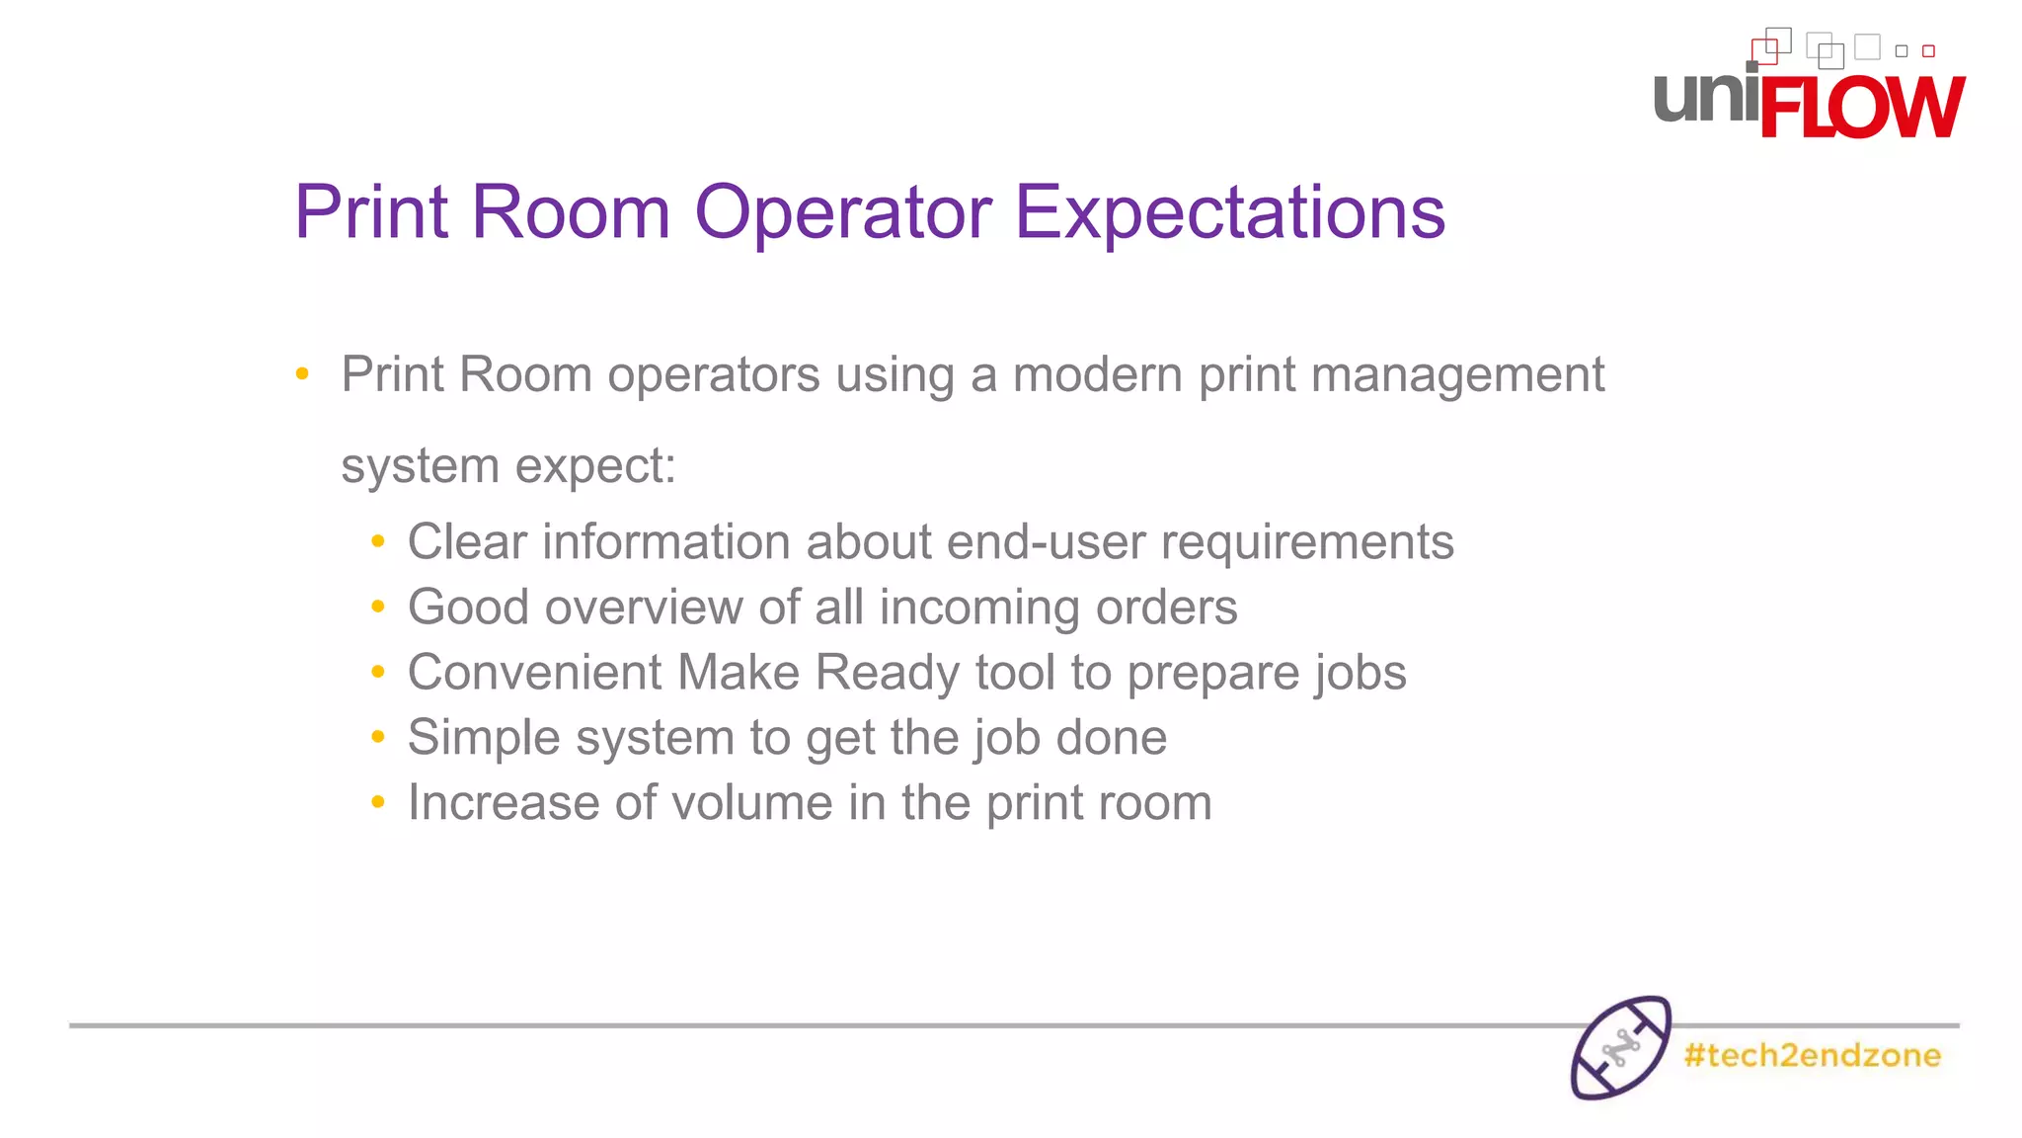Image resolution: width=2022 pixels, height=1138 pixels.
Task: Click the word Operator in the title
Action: click(x=843, y=212)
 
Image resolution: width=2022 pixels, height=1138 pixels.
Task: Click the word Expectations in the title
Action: click(x=1229, y=212)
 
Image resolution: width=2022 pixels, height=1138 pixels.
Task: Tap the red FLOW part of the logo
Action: click(x=1861, y=107)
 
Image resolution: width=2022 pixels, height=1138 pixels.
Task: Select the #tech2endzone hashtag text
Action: click(x=1812, y=1055)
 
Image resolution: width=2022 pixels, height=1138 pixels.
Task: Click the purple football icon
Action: click(x=1620, y=1047)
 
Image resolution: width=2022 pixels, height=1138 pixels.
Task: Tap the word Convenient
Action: click(x=534, y=673)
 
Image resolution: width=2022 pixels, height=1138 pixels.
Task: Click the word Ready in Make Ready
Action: click(x=887, y=673)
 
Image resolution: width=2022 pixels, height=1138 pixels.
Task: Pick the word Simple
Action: click(x=485, y=738)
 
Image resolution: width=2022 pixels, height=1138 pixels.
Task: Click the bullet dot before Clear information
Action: click(x=377, y=541)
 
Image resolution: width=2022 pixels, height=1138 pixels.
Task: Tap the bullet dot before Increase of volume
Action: click(x=377, y=802)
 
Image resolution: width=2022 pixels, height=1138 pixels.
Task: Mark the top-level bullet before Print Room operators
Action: click(x=302, y=374)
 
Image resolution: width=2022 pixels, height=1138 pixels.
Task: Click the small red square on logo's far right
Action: click(x=1928, y=51)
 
